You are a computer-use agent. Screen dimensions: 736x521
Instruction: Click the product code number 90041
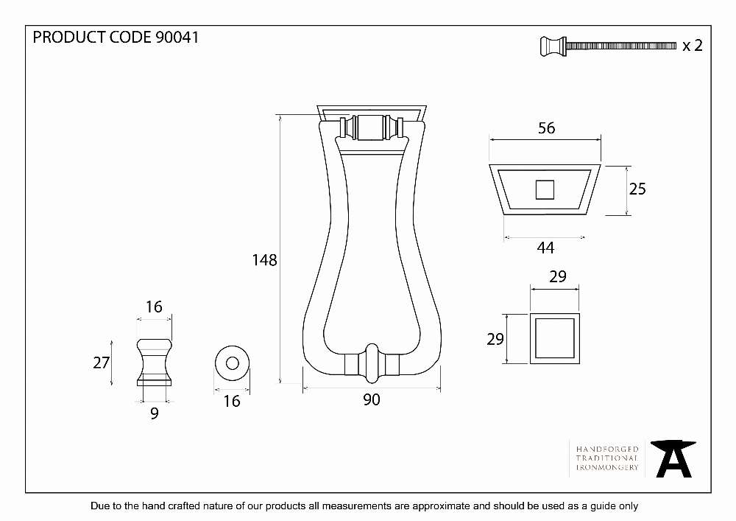click(177, 37)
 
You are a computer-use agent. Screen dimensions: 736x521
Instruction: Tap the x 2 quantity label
click(693, 46)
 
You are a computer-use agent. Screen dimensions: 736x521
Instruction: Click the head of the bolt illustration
click(553, 46)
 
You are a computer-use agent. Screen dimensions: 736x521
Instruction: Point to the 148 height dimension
click(265, 260)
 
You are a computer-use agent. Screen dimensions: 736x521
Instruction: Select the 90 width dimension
click(371, 400)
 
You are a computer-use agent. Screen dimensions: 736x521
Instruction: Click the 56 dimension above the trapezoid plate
click(546, 127)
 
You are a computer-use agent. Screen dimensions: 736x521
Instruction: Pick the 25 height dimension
click(637, 189)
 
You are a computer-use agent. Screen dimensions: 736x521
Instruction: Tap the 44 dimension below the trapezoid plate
click(545, 248)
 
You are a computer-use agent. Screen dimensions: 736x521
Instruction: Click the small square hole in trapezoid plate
click(545, 190)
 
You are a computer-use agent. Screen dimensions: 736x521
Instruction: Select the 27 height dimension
click(102, 363)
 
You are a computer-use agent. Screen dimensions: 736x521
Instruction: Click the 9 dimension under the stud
click(155, 413)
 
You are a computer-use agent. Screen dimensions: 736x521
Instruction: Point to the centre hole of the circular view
click(232, 363)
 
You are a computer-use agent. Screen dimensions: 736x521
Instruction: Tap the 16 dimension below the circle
click(231, 401)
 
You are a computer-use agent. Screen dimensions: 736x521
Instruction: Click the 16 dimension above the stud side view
click(154, 307)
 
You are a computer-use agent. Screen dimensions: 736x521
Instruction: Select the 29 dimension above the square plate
click(558, 276)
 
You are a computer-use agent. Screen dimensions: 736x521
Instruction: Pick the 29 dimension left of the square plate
click(495, 339)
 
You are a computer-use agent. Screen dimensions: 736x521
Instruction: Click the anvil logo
click(673, 458)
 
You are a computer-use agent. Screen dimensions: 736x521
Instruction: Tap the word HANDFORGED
click(607, 449)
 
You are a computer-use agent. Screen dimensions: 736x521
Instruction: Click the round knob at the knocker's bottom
click(371, 363)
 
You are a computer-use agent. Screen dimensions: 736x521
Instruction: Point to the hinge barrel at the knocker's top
click(371, 127)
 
